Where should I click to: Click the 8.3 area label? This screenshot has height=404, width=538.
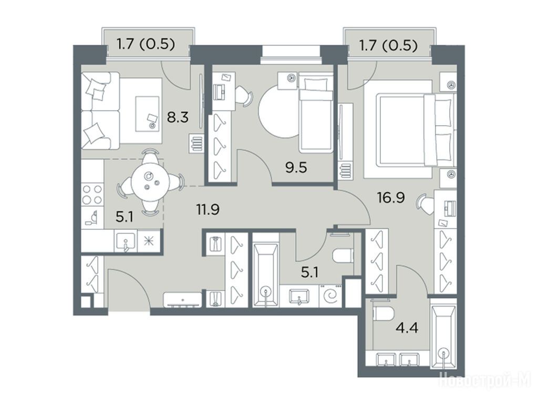[178, 118]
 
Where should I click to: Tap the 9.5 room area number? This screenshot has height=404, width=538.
[296, 168]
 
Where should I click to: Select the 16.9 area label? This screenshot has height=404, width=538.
[391, 198]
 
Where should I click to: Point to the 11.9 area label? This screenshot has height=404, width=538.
[208, 209]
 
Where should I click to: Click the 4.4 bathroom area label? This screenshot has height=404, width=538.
[407, 328]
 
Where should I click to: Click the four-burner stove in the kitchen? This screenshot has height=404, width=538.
[92, 195]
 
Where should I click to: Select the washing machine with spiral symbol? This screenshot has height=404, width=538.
[331, 296]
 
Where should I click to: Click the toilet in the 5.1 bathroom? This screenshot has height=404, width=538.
[343, 255]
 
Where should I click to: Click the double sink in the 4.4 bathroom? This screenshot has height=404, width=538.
[398, 359]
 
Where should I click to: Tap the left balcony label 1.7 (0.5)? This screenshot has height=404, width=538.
[146, 44]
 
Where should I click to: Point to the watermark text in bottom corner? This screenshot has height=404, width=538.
[485, 381]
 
